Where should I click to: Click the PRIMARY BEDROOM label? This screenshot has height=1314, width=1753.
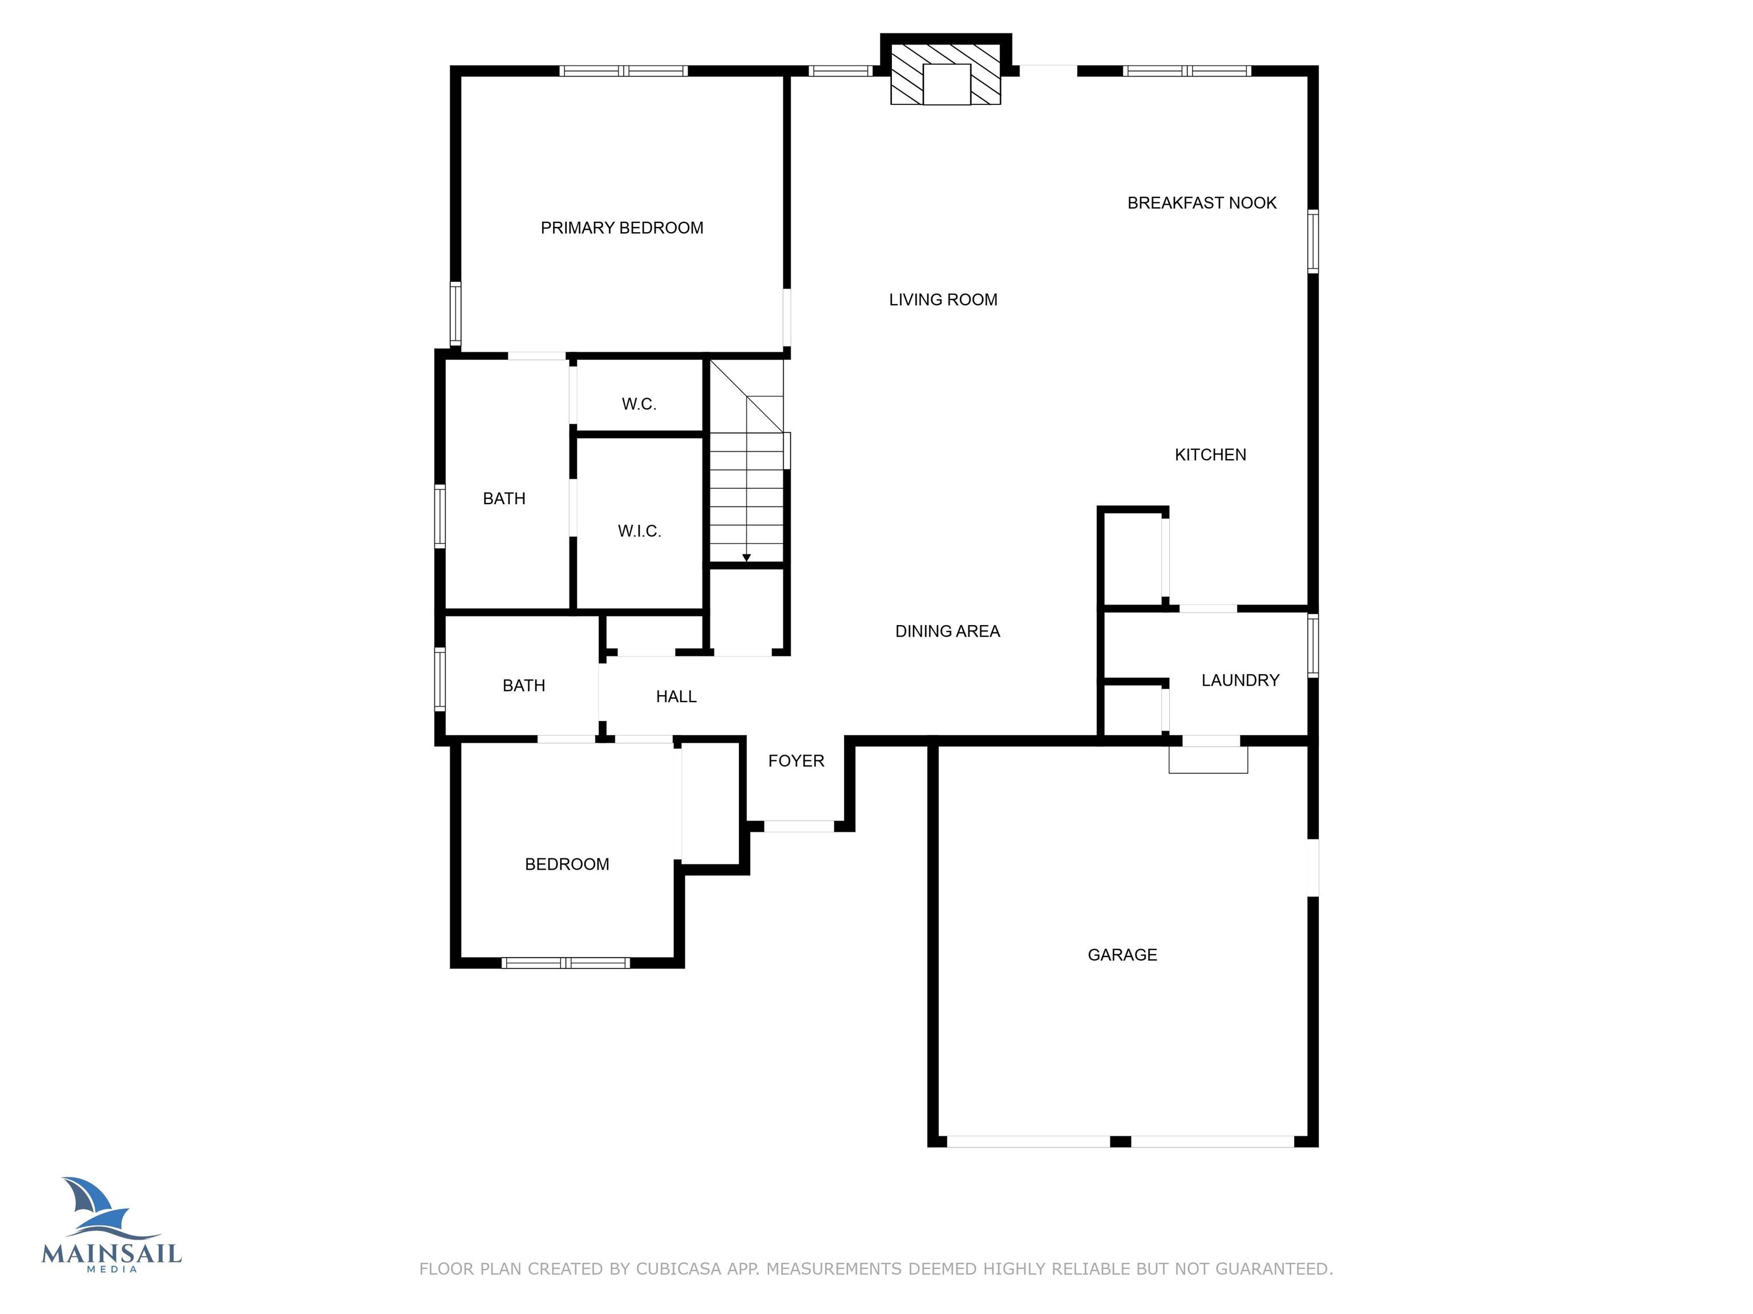coord(622,228)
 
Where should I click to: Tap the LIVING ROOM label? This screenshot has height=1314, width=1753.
coord(943,299)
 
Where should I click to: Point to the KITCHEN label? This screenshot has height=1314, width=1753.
coord(1210,455)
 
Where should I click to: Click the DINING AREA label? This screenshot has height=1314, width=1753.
coord(948,631)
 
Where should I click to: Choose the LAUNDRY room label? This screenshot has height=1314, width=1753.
coord(1240,680)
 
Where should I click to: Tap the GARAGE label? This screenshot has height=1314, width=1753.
coord(1122,955)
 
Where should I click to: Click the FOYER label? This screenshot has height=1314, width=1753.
coord(797,761)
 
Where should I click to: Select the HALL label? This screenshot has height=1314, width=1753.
coord(676,697)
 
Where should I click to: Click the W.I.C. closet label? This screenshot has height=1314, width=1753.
coord(640,532)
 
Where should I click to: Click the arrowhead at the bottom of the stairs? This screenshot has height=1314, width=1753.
coord(746,558)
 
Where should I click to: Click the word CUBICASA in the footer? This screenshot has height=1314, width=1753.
coord(678,1269)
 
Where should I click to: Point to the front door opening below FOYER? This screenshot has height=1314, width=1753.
coord(799,826)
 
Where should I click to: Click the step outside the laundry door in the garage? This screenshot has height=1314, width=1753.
coord(1209,760)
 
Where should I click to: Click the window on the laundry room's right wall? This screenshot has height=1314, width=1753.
coord(1313,646)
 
